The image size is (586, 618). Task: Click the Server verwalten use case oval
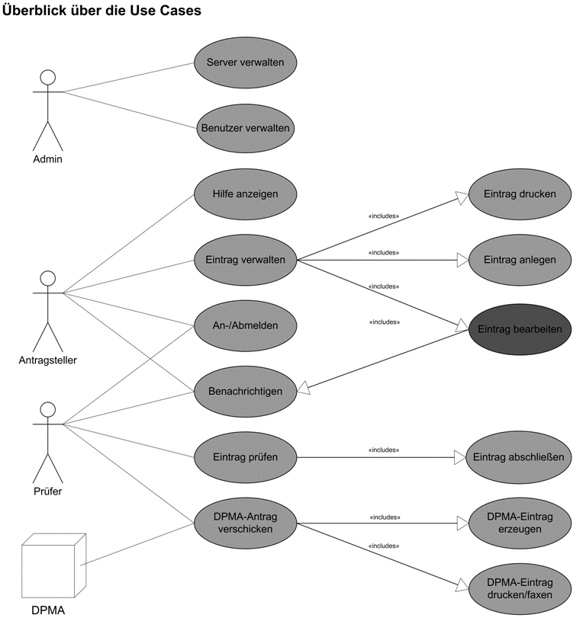click(245, 62)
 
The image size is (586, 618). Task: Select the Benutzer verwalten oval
click(245, 128)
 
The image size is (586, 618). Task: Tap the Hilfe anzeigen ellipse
click(245, 194)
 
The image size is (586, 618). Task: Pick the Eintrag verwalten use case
click(245, 260)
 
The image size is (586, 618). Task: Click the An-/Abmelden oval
click(245, 325)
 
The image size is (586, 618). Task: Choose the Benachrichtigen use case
click(245, 391)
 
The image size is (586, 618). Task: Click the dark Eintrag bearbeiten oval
click(519, 329)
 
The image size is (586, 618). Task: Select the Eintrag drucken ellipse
click(519, 194)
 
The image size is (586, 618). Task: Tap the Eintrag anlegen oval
click(519, 260)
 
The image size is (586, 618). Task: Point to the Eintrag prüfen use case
click(245, 457)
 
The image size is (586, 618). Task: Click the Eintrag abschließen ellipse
click(519, 457)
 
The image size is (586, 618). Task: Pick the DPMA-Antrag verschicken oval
click(245, 523)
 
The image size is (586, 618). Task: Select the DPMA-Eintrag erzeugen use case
click(519, 523)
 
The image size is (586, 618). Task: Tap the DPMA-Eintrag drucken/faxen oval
click(519, 588)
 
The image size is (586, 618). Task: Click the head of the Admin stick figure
click(48, 76)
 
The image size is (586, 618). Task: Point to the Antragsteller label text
click(48, 360)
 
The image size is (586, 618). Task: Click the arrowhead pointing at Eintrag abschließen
click(459, 457)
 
